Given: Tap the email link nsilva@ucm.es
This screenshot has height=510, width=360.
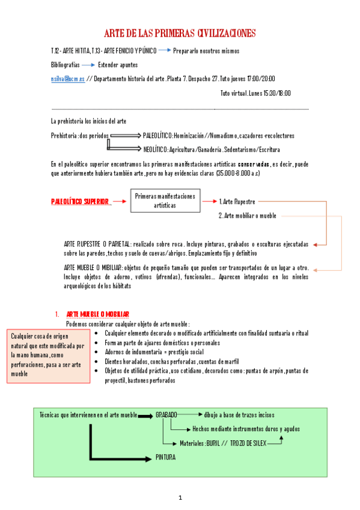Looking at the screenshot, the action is pos(67,79).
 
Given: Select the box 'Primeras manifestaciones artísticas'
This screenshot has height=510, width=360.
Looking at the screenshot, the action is pos(165,201).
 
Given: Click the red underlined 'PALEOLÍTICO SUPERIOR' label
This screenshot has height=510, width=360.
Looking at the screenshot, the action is pos(80,201).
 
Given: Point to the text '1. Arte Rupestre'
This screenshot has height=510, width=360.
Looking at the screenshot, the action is pos(237,201).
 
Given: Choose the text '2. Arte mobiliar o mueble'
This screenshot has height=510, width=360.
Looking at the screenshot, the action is pos(247,216).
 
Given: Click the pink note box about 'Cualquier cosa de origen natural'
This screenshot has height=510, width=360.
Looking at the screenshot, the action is pos(48,356).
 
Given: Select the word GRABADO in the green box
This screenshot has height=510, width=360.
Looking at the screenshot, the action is pos(166,415).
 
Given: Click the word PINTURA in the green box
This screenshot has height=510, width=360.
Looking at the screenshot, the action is pos(165,458).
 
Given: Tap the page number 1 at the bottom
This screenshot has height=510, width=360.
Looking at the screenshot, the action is pos(180,497).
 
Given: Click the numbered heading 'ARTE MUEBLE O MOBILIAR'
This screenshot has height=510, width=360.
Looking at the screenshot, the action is pos(98,315).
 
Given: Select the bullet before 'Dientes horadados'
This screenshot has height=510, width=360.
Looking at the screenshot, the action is pos(98,362).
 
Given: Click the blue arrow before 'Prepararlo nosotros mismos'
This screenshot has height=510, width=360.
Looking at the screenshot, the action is pos(164,51).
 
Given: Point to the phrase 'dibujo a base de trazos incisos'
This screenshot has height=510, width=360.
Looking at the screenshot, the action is pos(239,415).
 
